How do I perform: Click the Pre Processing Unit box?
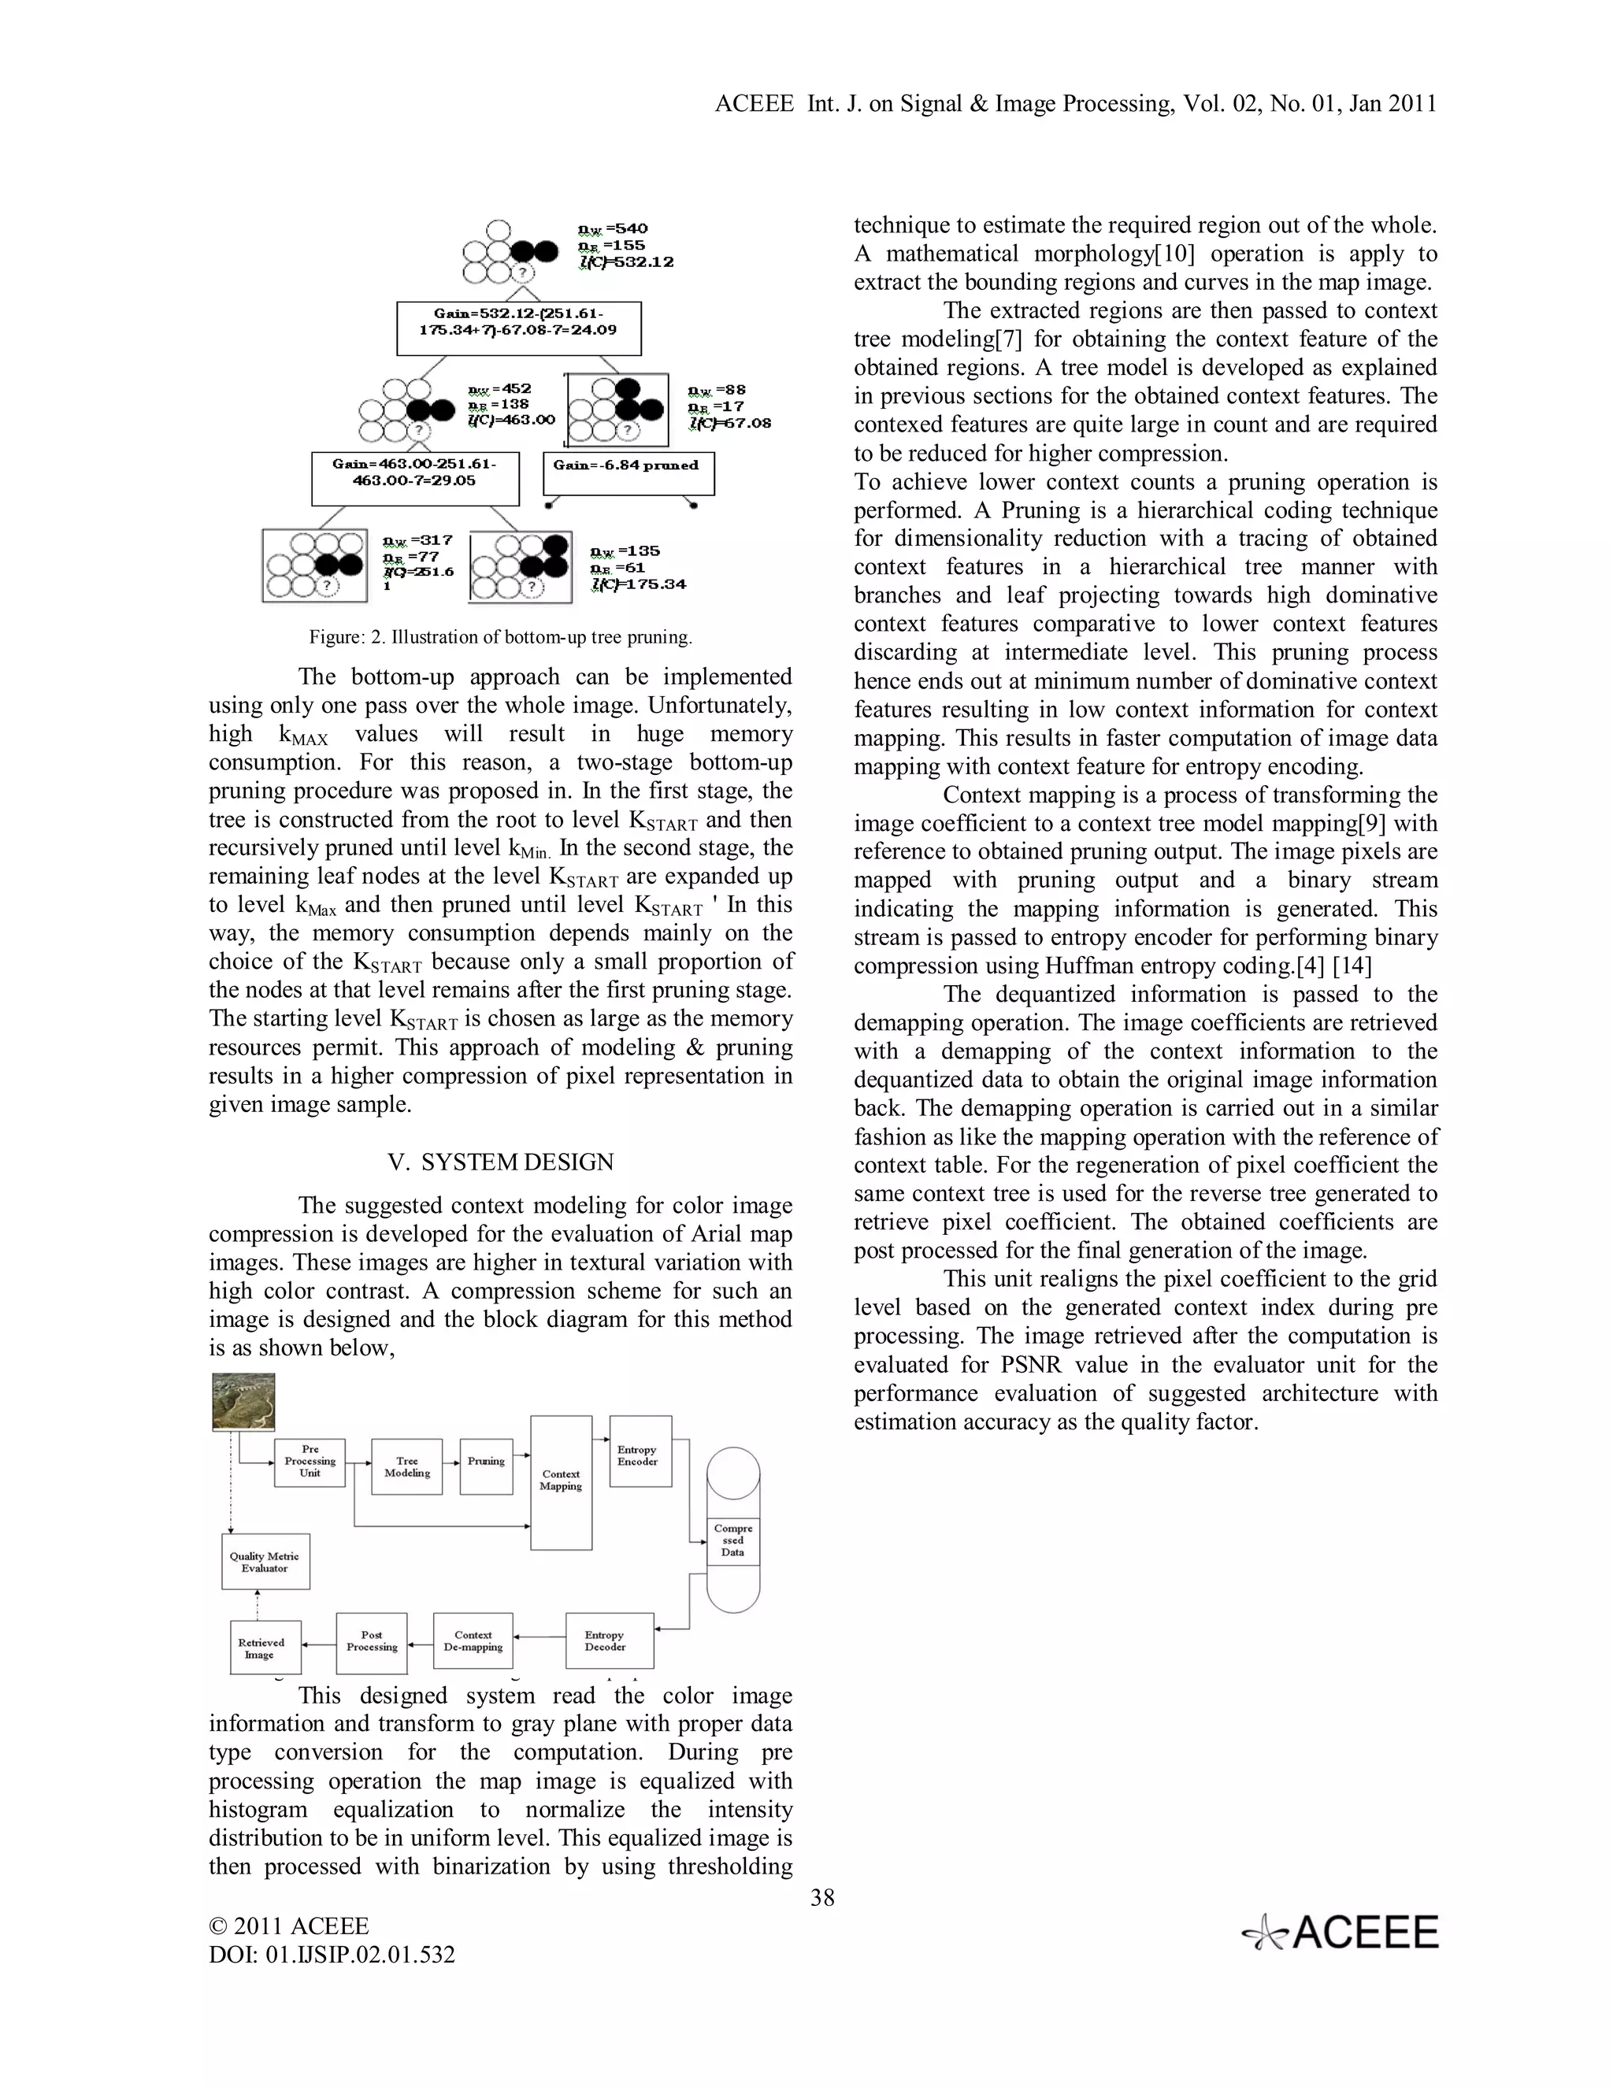pyautogui.click(x=310, y=1462)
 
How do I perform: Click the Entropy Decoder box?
pyautogui.click(x=609, y=1640)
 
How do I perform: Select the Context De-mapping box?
pyautogui.click(x=473, y=1640)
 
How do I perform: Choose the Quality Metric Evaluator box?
pyautogui.click(x=265, y=1562)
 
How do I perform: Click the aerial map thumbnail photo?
pyautogui.click(x=243, y=1402)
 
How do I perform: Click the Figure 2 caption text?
pyautogui.click(x=500, y=637)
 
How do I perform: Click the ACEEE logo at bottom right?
pyautogui.click(x=1340, y=1933)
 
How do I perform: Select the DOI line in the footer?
pyautogui.click(x=332, y=1954)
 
